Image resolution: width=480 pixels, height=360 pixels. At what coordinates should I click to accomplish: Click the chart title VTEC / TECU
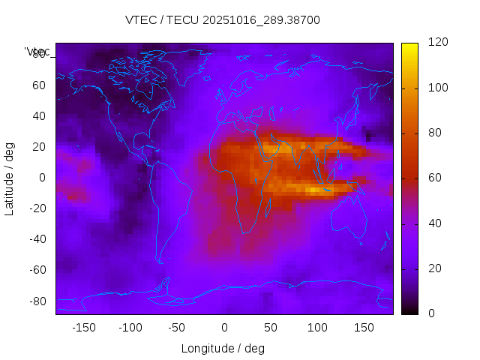[223, 20]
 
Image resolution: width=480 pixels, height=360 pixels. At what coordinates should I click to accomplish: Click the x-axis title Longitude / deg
[223, 349]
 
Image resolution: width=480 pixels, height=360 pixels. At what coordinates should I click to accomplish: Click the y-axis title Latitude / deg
[10, 178]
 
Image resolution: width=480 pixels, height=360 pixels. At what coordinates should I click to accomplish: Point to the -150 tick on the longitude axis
[83, 328]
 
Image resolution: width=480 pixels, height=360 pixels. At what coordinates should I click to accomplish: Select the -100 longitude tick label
[130, 328]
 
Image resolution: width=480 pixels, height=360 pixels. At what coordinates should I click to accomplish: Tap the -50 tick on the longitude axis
[177, 328]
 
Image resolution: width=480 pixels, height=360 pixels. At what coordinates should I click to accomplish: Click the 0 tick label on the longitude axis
[224, 328]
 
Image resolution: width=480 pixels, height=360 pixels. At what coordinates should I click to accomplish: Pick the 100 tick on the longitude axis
[317, 328]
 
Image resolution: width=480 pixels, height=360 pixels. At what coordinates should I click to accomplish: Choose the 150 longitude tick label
[364, 328]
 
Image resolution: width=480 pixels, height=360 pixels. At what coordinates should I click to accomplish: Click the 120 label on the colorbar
[417, 43]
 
